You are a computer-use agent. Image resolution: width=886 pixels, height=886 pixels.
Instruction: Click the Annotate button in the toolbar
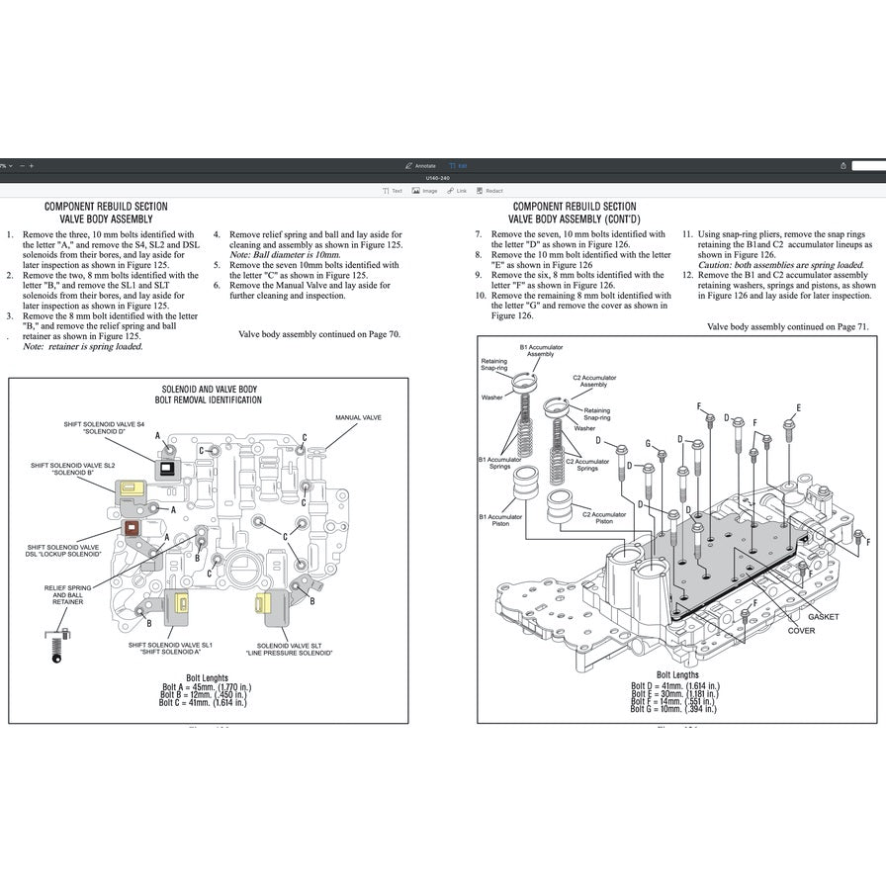421,165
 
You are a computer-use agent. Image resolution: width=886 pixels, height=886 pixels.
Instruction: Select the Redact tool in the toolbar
489,191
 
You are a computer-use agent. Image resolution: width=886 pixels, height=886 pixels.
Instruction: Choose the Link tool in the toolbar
458,191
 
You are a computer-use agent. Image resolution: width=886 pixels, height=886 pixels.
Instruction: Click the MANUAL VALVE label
358,418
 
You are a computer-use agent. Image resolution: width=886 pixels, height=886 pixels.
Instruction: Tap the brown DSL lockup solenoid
130,528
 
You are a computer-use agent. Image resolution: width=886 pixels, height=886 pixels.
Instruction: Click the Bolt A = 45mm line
209,686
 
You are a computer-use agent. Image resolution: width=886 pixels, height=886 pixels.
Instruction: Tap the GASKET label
823,617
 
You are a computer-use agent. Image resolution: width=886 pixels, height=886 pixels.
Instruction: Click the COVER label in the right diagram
801,631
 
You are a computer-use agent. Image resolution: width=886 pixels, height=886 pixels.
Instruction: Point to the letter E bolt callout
798,407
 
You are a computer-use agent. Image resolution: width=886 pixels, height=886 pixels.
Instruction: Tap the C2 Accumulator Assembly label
594,381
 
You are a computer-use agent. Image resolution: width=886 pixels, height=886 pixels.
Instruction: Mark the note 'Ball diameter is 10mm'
285,254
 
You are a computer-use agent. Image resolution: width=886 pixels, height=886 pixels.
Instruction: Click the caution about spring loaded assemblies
780,265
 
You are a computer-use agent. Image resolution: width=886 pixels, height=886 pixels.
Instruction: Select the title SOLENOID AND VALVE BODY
209,390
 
